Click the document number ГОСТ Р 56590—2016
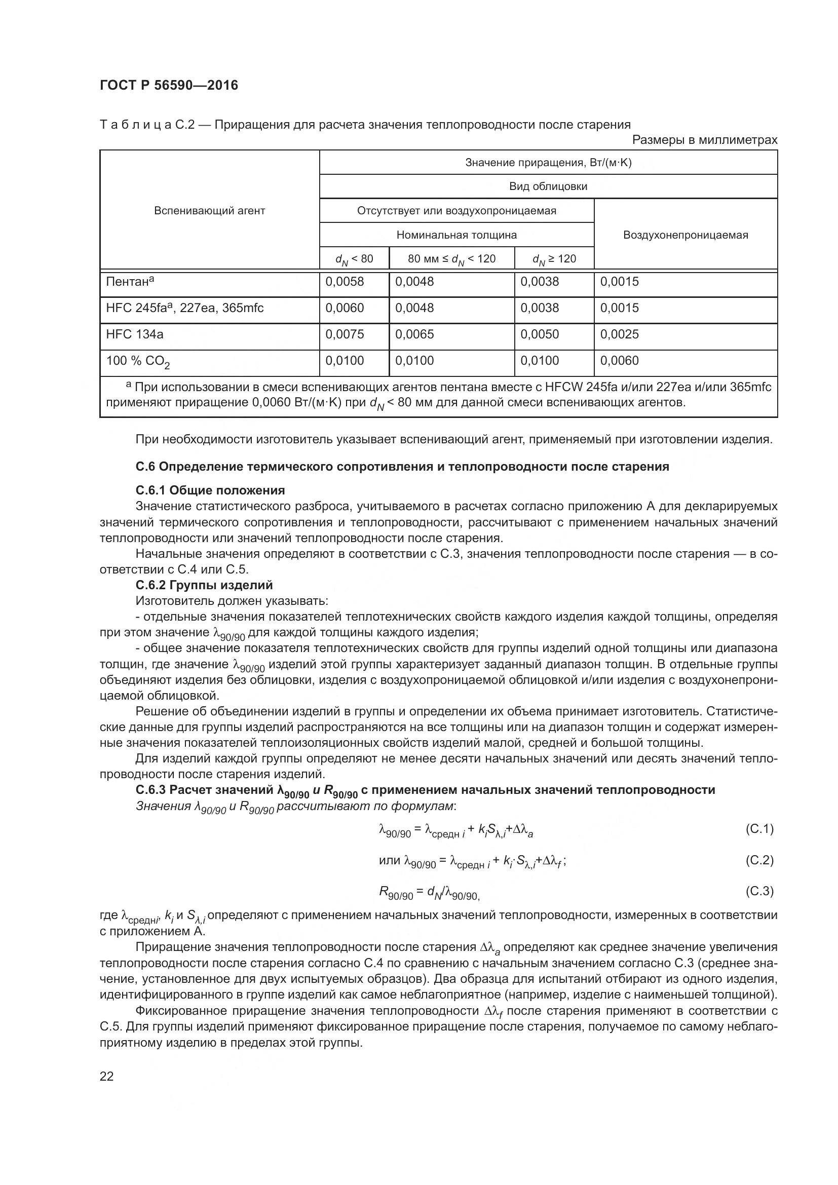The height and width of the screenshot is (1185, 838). (169, 86)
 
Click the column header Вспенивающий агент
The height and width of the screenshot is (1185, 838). (210, 211)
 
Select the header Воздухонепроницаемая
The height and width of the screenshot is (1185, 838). (685, 235)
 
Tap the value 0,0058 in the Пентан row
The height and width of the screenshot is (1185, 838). (344, 282)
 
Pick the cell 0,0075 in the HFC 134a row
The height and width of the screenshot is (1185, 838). (344, 334)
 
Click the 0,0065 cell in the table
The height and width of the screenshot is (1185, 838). (414, 334)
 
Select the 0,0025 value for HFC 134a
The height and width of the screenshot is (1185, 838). (619, 334)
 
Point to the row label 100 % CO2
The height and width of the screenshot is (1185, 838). (138, 361)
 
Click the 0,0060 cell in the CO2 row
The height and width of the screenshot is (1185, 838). (619, 361)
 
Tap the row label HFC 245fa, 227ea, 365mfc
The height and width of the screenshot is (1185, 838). (185, 308)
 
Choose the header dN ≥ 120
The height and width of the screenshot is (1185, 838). (554, 259)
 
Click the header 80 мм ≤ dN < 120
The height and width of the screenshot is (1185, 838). (451, 259)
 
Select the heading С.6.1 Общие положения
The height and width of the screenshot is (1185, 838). (210, 490)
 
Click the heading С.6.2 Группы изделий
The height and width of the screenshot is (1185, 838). (204, 585)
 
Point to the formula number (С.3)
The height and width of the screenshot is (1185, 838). (759, 891)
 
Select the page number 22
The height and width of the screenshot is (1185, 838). (107, 1077)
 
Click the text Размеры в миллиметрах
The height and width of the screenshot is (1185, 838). (704, 140)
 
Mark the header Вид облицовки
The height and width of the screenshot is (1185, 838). (548, 186)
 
